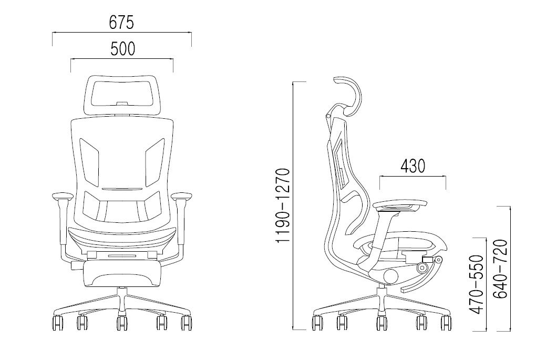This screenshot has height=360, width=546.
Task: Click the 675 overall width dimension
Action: (x=121, y=22)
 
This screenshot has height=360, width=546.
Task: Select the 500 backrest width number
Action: (x=123, y=49)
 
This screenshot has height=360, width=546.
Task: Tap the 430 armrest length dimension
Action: (x=413, y=166)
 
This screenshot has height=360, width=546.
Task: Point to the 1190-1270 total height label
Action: (x=283, y=205)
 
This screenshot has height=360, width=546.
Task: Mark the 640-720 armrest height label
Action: (x=501, y=269)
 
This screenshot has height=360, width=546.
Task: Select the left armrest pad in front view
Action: (x=61, y=197)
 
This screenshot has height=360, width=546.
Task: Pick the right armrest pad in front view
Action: (x=182, y=197)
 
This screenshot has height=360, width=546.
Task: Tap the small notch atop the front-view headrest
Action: (x=122, y=103)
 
